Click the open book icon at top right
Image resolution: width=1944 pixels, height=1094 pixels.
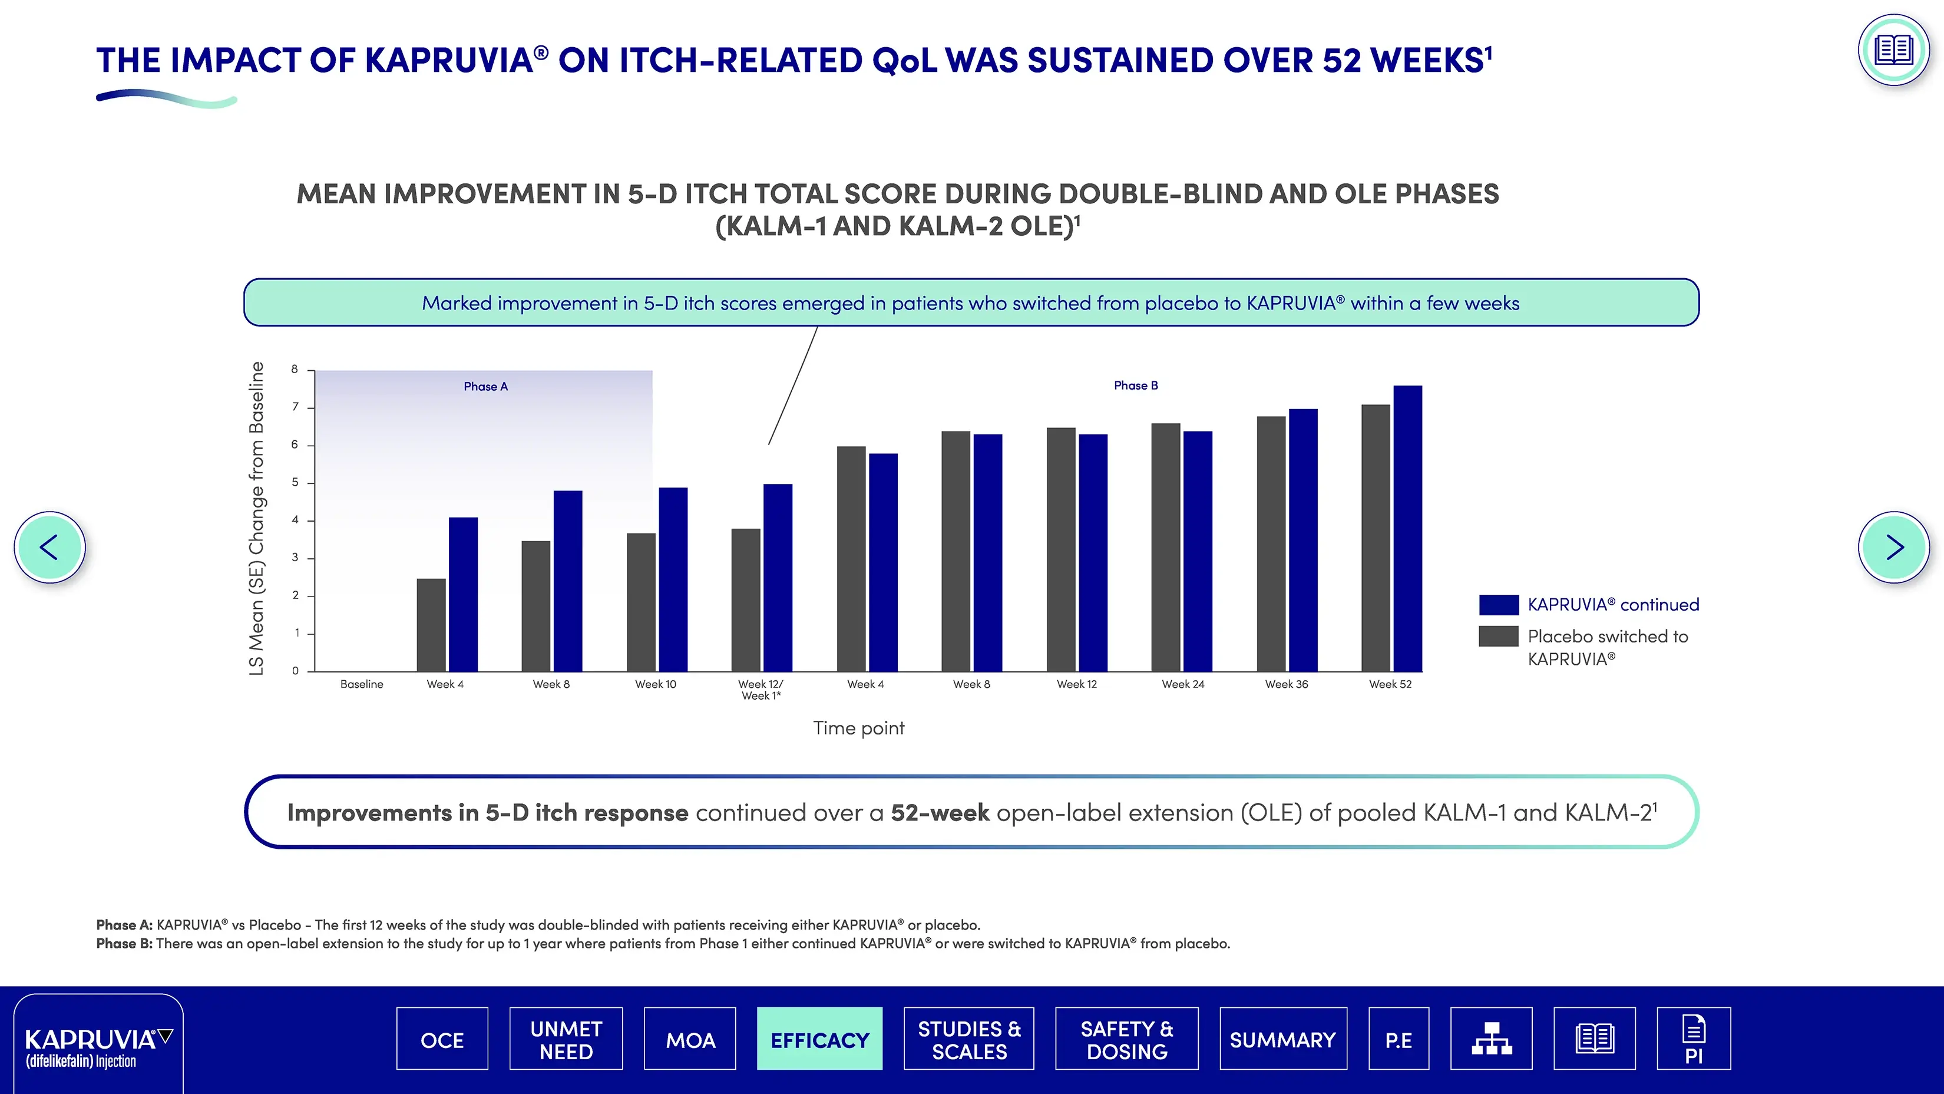pos(1893,50)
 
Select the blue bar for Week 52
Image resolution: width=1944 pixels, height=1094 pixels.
pos(1407,529)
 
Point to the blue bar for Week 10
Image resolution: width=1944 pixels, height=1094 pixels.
pos(673,580)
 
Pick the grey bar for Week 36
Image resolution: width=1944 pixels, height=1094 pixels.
pos(1271,543)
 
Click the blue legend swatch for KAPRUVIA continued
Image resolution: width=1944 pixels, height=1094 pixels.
pos(1499,605)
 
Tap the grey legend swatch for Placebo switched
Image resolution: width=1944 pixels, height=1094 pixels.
pos(1499,637)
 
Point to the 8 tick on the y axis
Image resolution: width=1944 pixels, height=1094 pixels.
pos(295,369)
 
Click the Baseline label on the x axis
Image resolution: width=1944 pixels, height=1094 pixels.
pos(362,684)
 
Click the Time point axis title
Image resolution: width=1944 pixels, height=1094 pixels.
pos(858,728)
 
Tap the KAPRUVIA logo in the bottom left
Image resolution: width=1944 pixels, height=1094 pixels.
pos(98,1046)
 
